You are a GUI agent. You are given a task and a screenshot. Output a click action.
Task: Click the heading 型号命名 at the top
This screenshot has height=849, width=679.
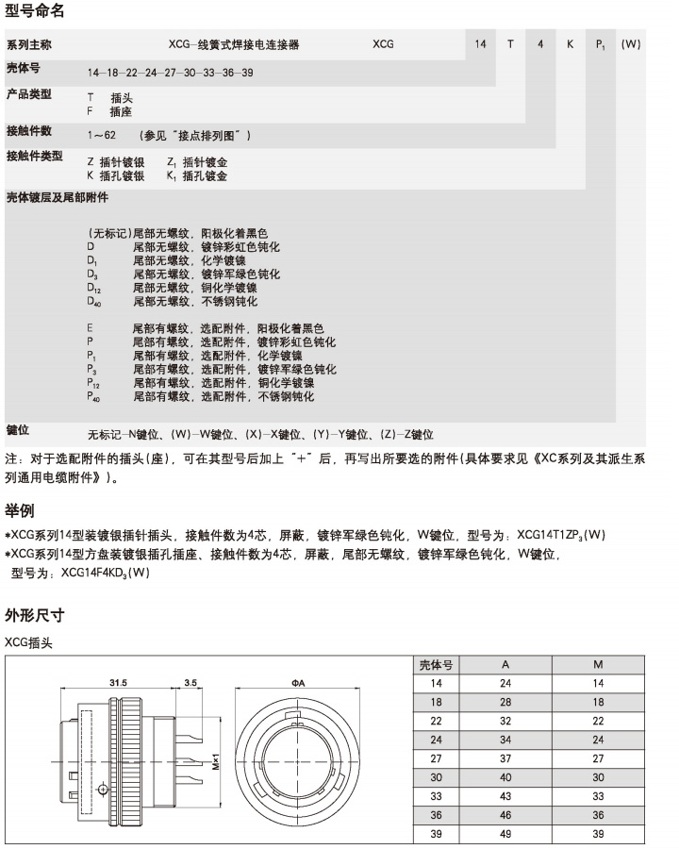(x=36, y=12)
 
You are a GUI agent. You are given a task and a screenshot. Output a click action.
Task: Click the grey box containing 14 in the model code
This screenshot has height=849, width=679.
(x=480, y=44)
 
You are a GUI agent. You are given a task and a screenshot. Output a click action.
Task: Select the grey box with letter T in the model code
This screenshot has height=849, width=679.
(x=510, y=44)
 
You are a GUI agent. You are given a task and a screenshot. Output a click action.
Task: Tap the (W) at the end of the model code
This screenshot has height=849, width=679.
(x=631, y=44)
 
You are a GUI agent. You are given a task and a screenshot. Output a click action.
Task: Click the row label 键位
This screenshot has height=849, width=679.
(x=18, y=430)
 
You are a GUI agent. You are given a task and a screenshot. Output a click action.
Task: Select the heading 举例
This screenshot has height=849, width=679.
(x=20, y=510)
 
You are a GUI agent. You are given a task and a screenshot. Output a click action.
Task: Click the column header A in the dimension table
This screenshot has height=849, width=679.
(x=505, y=664)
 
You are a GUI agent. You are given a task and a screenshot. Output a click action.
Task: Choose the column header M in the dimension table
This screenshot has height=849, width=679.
(x=598, y=664)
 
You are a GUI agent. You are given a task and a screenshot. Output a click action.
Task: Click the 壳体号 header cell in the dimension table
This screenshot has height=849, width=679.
(x=436, y=664)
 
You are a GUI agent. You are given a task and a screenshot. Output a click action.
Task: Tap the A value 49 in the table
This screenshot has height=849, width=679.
(x=505, y=834)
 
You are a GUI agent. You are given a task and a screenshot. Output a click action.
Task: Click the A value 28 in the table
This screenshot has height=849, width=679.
(x=505, y=702)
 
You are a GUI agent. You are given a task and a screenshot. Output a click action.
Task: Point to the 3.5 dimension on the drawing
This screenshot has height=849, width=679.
(x=190, y=681)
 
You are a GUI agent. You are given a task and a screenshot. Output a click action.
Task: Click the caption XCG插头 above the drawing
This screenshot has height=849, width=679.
(x=29, y=642)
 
